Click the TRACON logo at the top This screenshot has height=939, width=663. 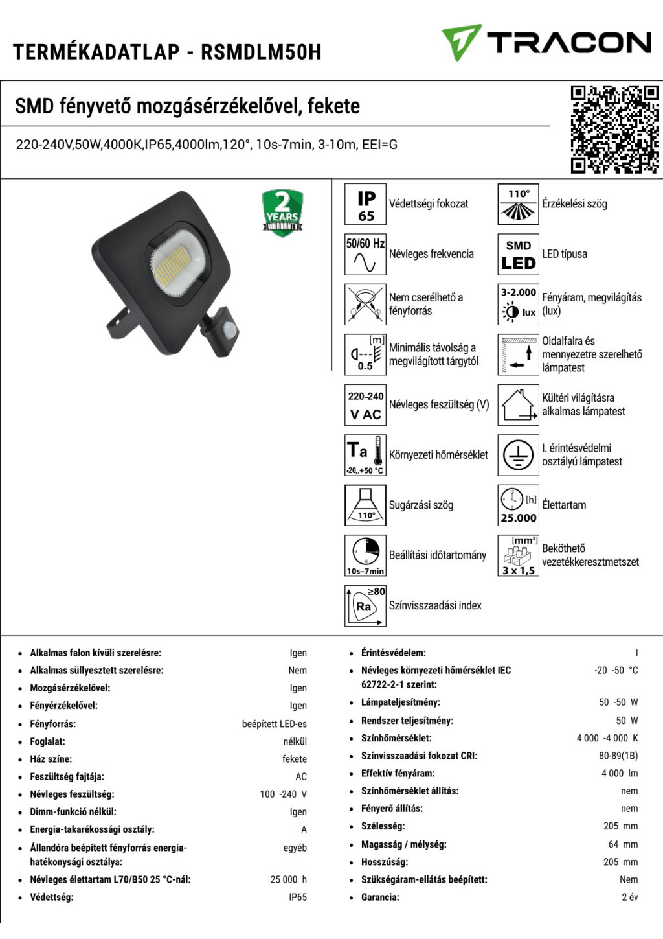pos(547,43)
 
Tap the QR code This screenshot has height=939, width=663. pos(614,130)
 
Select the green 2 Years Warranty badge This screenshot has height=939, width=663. pos(282,213)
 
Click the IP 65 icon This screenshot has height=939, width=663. pos(365,204)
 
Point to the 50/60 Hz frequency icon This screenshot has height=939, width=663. pos(365,254)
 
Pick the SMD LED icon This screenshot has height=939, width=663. pos(518,254)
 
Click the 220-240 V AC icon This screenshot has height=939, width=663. pos(365,405)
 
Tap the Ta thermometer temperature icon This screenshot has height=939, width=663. pos(365,455)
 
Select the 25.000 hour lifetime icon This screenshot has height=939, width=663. pos(518,505)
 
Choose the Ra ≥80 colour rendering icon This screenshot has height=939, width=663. pos(365,605)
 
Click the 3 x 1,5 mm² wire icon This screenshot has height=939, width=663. pos(518,555)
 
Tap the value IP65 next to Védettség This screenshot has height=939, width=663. pos(298,898)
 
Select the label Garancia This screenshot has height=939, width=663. pos(380,898)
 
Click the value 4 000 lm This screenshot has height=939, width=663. pos(620,773)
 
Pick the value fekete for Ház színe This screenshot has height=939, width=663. pos(295,759)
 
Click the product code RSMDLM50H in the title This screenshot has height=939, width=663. pos(261,52)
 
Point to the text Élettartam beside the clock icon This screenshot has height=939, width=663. pos(564,505)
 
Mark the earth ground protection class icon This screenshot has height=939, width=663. pos(518,455)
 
